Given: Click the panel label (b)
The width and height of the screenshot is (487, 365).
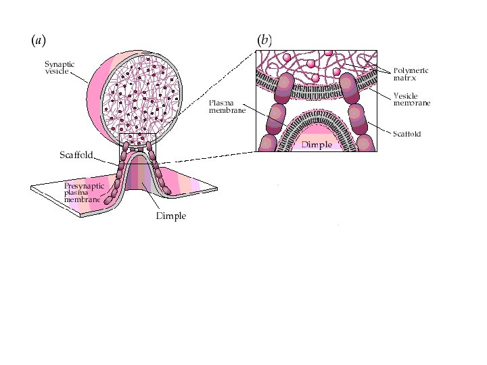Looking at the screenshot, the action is click(x=264, y=41).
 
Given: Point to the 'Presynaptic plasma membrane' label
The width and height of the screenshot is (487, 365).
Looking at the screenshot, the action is click(x=84, y=193).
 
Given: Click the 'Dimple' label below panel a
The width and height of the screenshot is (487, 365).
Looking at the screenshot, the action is click(x=170, y=217).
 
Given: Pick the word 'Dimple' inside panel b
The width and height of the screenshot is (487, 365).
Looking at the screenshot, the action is click(x=317, y=145).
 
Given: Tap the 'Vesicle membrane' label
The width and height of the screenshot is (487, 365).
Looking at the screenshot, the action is click(x=411, y=99).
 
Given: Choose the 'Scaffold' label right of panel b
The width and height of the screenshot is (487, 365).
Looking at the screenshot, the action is click(x=407, y=134).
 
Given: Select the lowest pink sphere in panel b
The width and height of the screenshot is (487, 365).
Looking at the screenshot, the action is click(x=336, y=72).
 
